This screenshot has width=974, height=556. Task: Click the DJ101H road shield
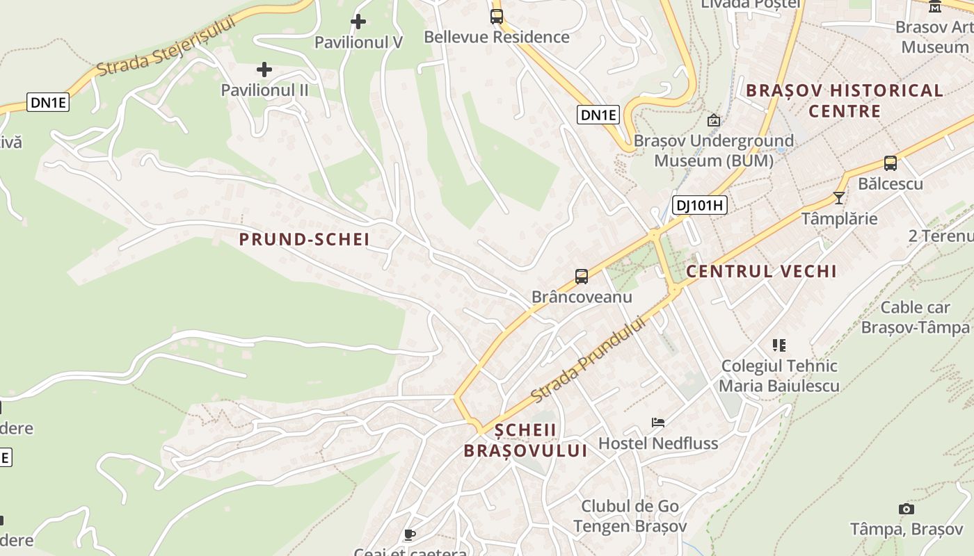point(699,204)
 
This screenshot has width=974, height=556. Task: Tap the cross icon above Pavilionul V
point(358,22)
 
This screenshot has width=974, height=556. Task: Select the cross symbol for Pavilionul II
point(264,69)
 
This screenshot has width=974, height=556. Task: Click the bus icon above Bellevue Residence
point(497,16)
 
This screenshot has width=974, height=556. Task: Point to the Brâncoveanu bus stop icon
point(582,276)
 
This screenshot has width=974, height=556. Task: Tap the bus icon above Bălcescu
point(890,163)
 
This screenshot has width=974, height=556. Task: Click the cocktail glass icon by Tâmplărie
point(839,198)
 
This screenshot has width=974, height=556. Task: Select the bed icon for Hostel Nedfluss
point(658,422)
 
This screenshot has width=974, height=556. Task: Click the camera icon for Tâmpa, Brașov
point(906,509)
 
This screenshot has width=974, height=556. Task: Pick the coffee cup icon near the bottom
point(410,534)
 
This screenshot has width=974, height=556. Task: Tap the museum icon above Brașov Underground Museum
point(713,120)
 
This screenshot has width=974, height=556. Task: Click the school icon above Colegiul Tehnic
point(779,345)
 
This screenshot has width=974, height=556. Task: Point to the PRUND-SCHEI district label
point(304,240)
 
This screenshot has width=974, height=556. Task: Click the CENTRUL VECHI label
point(761,271)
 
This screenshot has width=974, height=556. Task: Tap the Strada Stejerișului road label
point(166,46)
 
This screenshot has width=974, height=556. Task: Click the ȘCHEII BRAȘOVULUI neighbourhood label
point(525,440)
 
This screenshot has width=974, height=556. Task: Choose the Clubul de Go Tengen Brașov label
point(630,516)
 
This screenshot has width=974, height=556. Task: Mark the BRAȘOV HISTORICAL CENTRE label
point(845,101)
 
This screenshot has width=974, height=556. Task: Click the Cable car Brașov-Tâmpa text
point(916,317)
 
